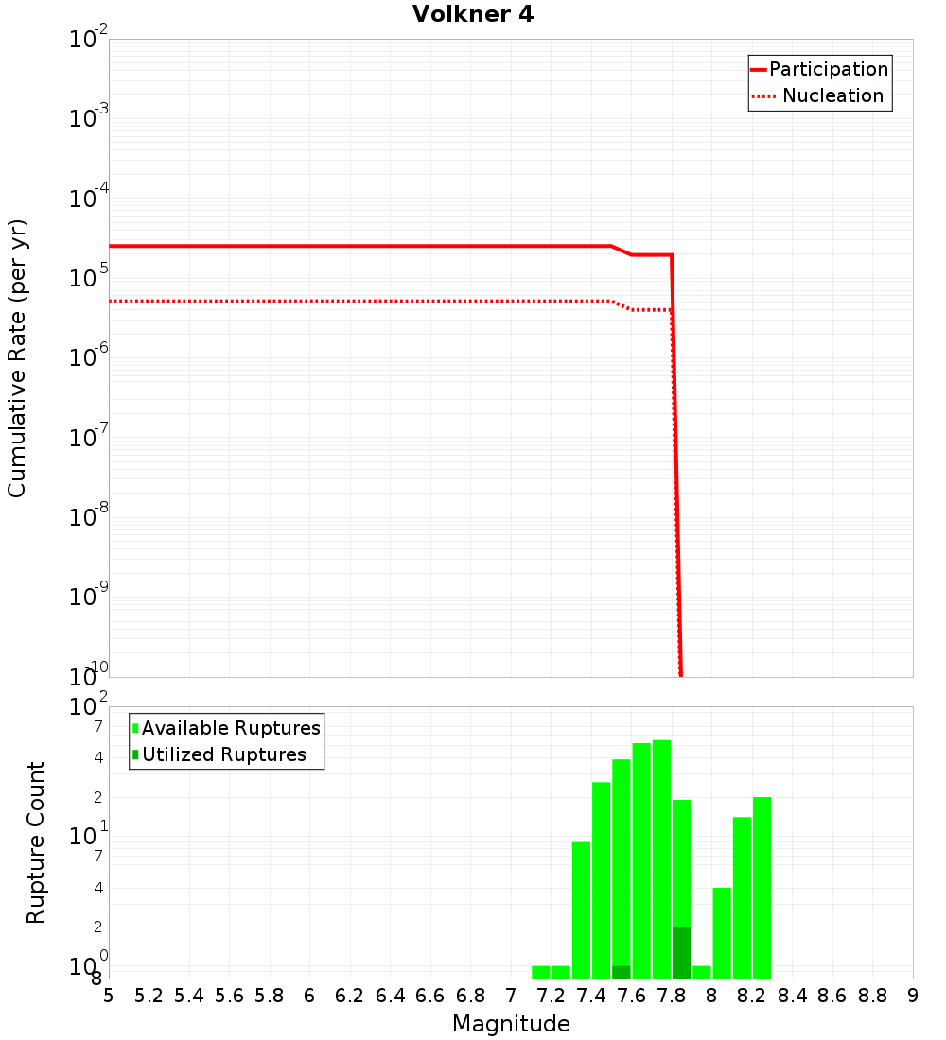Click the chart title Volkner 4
473,15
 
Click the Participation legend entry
828,69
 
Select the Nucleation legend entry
832,95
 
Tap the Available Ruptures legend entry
230,728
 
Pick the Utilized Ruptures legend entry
223,754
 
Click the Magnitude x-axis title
511,1024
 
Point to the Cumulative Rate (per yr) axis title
17,358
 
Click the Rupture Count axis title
36,842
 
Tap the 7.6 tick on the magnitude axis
632,995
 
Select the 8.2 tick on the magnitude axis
752,995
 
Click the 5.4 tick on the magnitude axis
189,995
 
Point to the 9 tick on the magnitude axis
913,995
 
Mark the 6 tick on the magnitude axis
310,995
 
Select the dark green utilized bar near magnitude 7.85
681,953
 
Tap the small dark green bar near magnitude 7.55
622,972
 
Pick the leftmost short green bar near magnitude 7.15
541,972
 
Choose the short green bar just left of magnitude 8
702,972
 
